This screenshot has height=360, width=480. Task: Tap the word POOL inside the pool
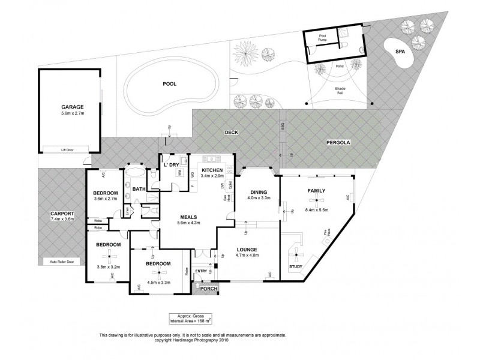[170, 84]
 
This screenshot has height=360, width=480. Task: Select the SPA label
[400, 53]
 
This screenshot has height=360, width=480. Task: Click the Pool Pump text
[322, 38]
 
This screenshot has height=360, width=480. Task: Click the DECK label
[232, 133]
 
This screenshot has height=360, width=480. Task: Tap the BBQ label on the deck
[281, 126]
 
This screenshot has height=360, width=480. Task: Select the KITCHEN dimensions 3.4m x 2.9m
[212, 176]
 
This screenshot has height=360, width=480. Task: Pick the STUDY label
[296, 266]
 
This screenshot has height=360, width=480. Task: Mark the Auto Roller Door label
[62, 262]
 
